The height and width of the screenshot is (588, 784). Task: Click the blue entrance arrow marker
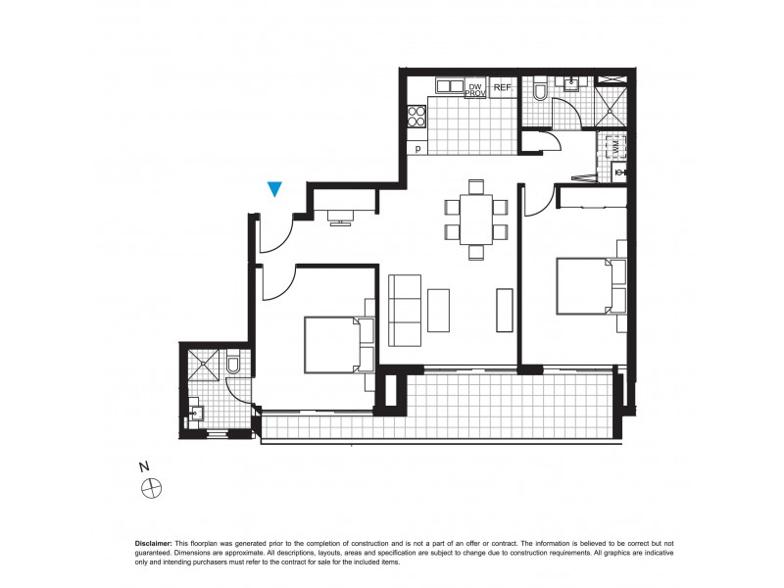pyautogui.click(x=275, y=189)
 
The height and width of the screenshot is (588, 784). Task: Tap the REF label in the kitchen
pyautogui.click(x=503, y=88)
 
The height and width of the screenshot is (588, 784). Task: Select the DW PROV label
pyautogui.click(x=476, y=90)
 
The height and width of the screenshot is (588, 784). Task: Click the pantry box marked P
pyautogui.click(x=418, y=149)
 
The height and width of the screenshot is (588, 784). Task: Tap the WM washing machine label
pyautogui.click(x=617, y=147)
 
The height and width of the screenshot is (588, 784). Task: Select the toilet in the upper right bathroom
pyautogui.click(x=540, y=91)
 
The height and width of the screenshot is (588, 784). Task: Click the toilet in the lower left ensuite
pyautogui.click(x=233, y=366)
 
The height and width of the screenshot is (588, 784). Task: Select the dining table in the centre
pyautogui.click(x=476, y=218)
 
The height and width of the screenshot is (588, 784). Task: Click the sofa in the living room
pyautogui.click(x=405, y=310)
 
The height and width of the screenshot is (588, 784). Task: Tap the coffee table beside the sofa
pyautogui.click(x=439, y=309)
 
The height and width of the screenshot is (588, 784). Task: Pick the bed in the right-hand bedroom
pyautogui.click(x=585, y=285)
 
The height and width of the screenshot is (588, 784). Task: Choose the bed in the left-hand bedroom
pyautogui.click(x=332, y=344)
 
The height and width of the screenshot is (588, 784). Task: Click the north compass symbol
pyautogui.click(x=151, y=486)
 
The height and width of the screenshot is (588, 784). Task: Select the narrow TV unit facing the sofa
pyautogui.click(x=504, y=310)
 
